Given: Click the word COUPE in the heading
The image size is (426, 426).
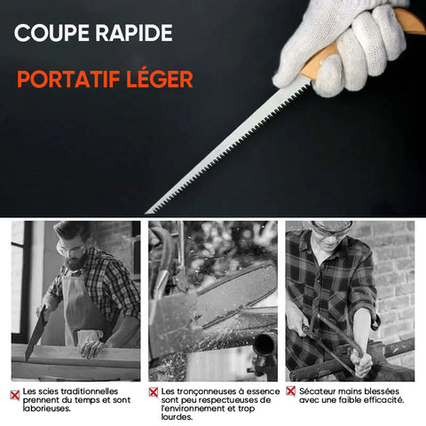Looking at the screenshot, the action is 51,33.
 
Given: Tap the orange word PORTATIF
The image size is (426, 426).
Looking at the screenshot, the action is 68,79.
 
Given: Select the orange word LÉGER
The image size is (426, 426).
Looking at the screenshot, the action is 160,79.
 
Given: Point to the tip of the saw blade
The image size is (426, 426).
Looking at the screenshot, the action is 146,213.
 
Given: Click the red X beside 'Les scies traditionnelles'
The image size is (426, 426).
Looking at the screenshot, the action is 15,395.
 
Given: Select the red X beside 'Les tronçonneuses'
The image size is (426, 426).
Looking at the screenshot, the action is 154,392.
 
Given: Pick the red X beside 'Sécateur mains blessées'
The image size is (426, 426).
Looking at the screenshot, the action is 291,391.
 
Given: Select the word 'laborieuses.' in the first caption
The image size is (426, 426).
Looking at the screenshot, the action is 47,408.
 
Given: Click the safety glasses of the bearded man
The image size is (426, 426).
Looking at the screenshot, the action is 72,249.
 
